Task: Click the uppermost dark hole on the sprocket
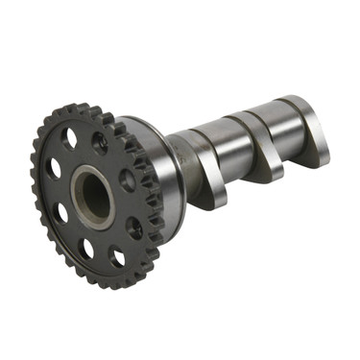pyautogui.click(x=100, y=144)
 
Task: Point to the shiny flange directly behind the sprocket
pyautogui.click(x=154, y=154)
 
